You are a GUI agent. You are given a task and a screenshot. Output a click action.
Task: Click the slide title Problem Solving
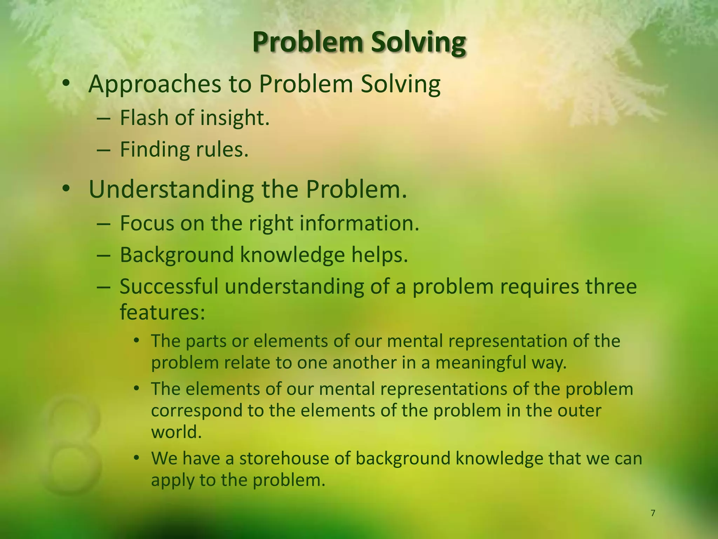(359, 43)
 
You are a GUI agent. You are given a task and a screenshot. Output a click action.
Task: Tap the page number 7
(652, 513)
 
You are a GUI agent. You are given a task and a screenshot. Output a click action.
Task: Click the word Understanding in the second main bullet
(171, 189)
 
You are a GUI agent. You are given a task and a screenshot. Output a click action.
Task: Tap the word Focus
(147, 223)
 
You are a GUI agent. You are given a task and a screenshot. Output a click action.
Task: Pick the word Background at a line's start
(177, 255)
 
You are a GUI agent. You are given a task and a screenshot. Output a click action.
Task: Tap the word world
(176, 432)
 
